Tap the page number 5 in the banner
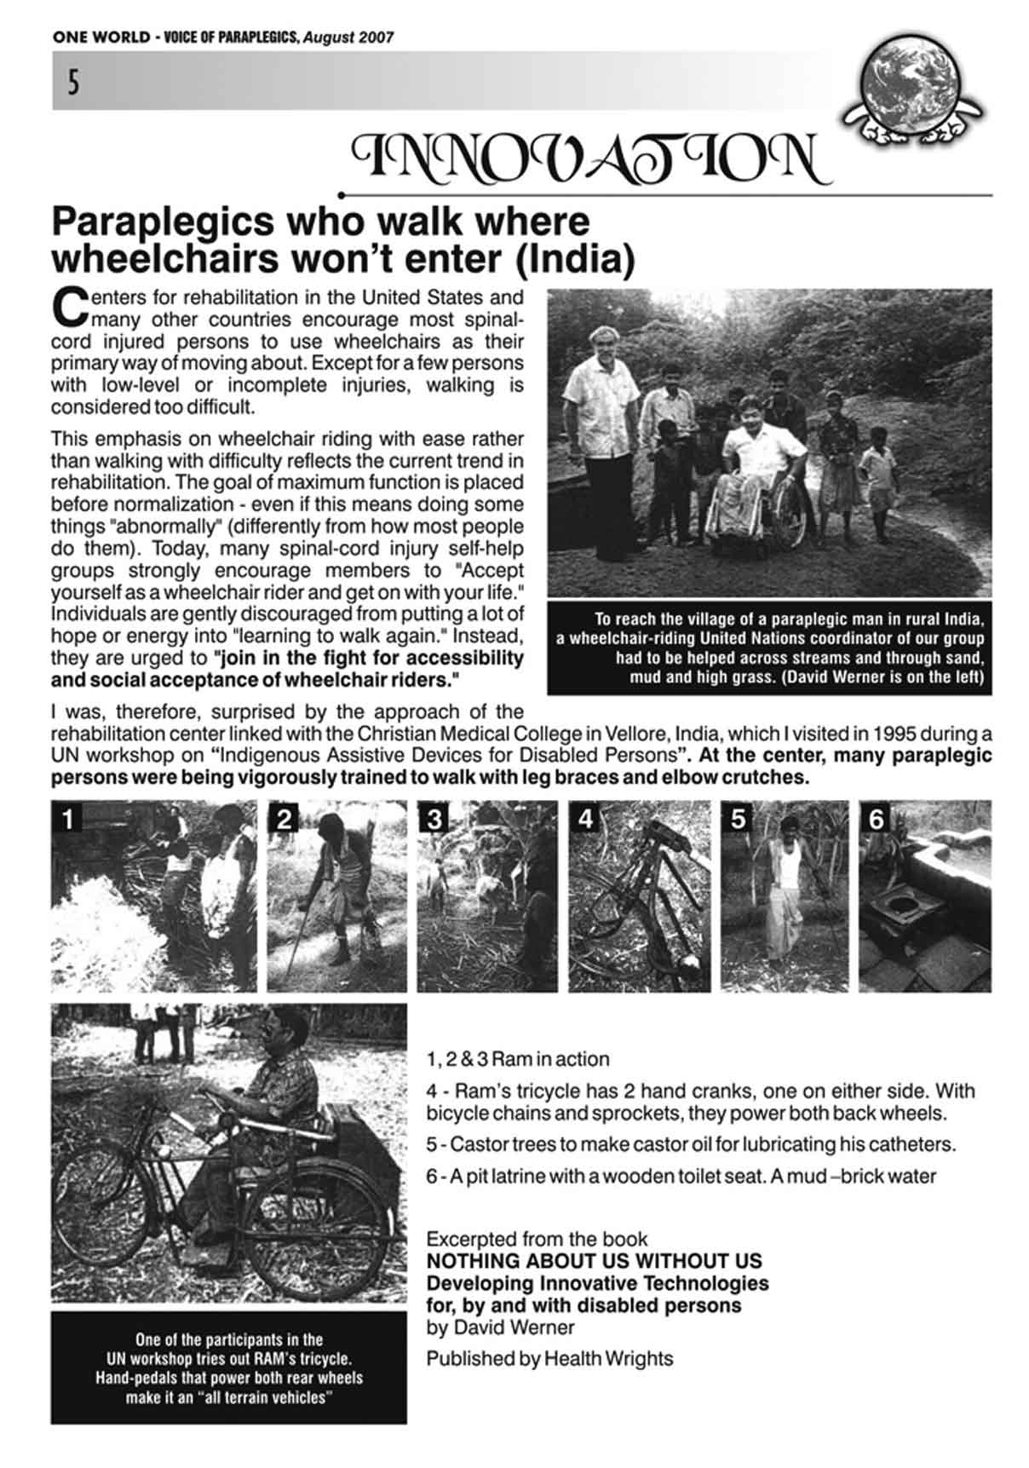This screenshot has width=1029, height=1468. [74, 83]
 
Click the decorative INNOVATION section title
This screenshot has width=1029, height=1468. [591, 158]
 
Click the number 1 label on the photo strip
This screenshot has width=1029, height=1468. [66, 819]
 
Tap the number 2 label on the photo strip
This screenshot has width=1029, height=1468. [285, 819]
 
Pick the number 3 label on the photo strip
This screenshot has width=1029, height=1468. [434, 819]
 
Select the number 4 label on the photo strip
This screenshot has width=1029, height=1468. [585, 819]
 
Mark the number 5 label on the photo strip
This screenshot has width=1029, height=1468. [738, 819]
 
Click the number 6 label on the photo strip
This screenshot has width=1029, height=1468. [876, 819]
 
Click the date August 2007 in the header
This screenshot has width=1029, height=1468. [348, 37]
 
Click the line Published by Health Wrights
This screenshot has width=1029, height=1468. [549, 1358]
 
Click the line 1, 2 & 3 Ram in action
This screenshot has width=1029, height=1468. [518, 1059]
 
